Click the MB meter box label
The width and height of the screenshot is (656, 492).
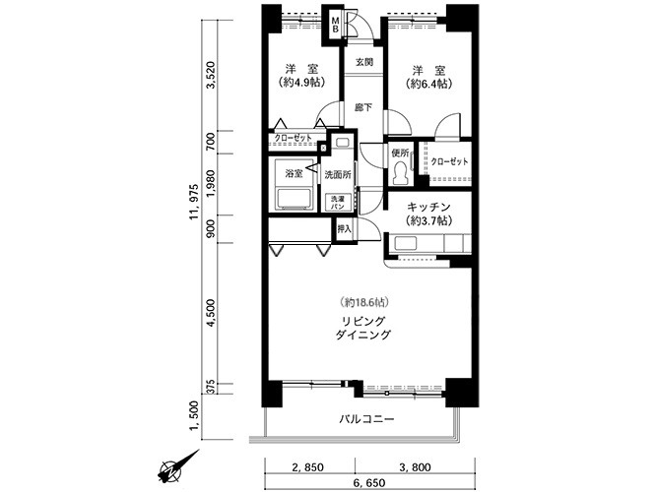[x=335, y=25]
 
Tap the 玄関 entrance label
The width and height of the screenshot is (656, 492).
[x=364, y=62]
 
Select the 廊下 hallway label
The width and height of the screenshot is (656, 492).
[x=363, y=107]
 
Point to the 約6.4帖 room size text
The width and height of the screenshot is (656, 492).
[x=428, y=84]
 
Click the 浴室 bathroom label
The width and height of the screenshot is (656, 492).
[x=294, y=173]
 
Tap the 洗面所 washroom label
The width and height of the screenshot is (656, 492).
[x=338, y=175]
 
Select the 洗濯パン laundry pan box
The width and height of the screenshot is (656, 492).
[x=338, y=203]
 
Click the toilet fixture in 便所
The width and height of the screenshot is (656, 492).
[x=401, y=173]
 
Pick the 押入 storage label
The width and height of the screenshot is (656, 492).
[x=345, y=228]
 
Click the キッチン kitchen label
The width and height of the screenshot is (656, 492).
[x=428, y=207]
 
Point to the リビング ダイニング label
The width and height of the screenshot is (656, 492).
[x=363, y=328]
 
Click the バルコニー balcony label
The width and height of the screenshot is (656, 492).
[x=366, y=418]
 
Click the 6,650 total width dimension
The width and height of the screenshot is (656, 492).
[x=369, y=483]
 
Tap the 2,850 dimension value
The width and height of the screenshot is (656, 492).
[x=308, y=467]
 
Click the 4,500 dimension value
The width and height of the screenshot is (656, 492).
[x=212, y=313]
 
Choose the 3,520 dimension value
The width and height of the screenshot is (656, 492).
[x=212, y=75]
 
